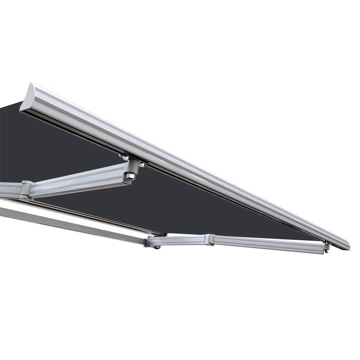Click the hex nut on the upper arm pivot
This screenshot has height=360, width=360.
click(130, 175)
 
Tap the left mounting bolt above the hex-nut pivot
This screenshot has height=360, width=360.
click(122, 157)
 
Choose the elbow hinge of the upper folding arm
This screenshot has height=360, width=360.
click(27, 189)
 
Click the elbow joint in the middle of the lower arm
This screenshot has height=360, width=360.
click(208, 240)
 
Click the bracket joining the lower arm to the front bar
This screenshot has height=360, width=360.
click(326, 247)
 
